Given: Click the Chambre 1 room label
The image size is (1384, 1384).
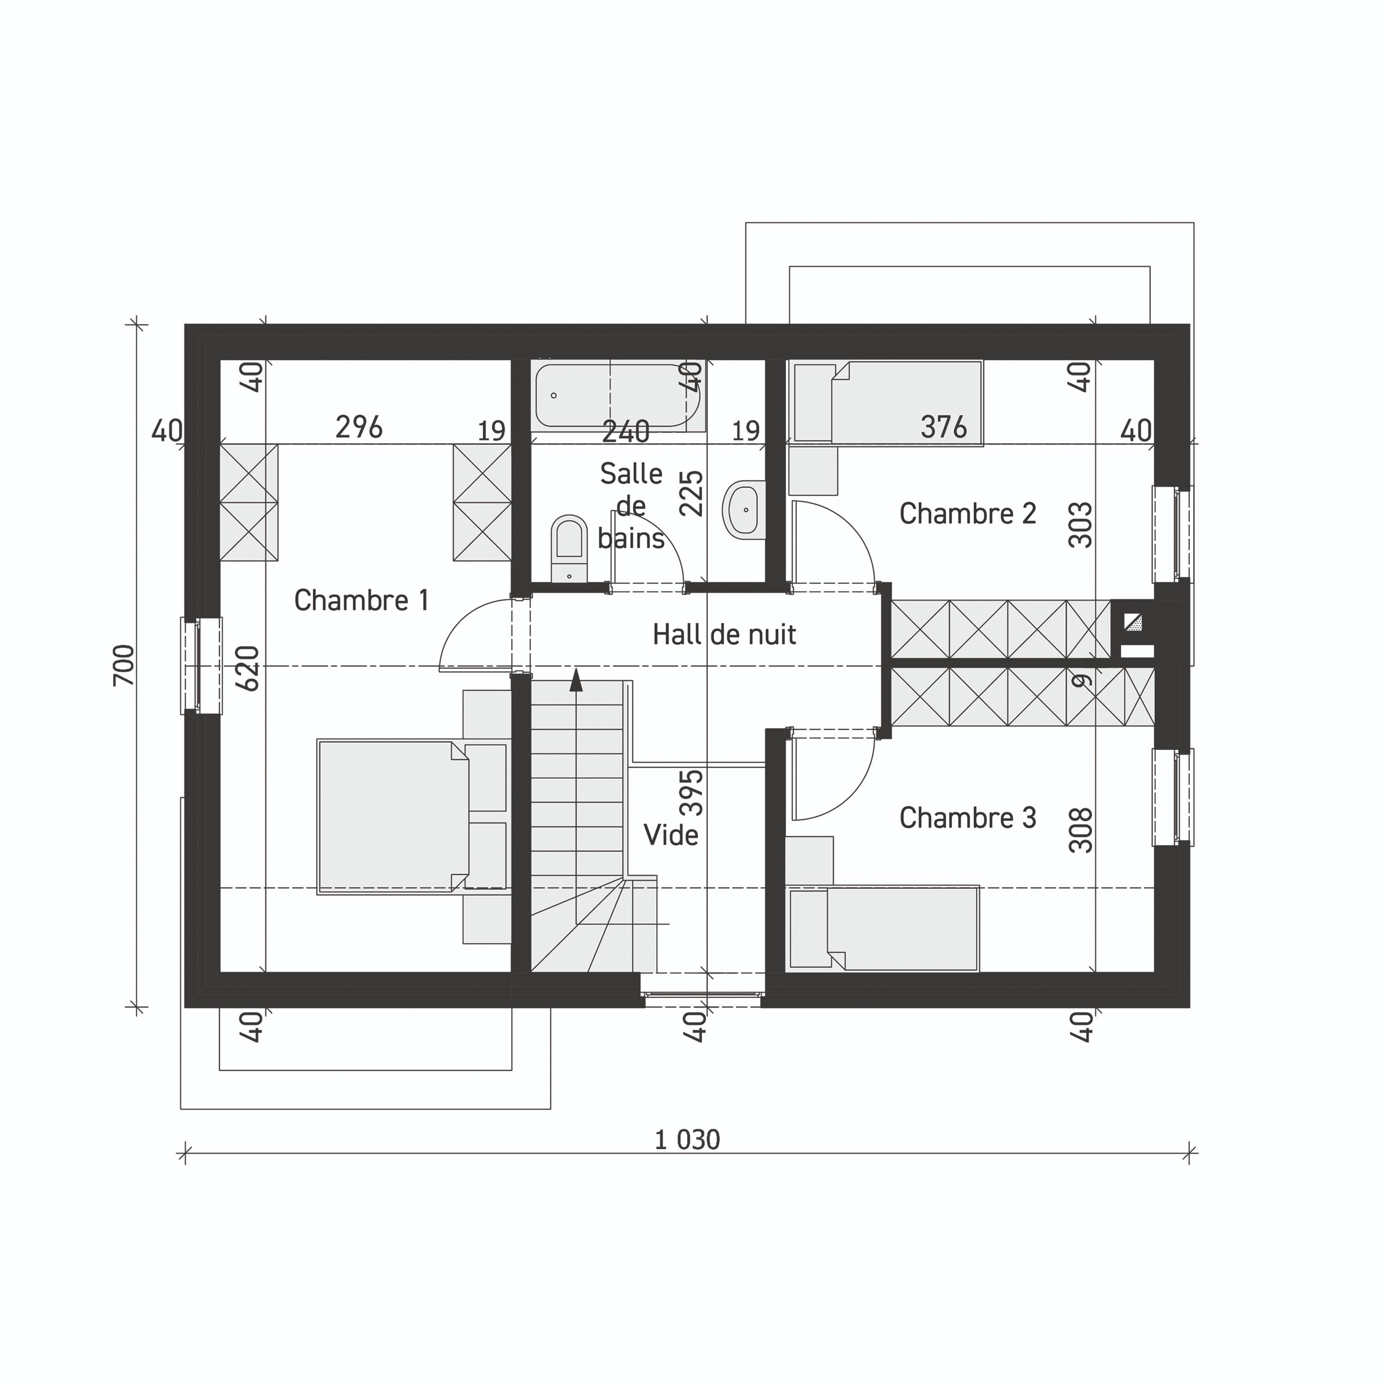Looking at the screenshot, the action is pyautogui.click(x=362, y=600).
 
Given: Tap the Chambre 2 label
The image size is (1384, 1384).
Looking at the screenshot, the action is pyautogui.click(x=968, y=514).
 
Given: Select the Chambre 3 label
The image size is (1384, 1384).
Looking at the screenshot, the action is pyautogui.click(x=968, y=818).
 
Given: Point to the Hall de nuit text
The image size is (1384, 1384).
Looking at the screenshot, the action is pyautogui.click(x=724, y=635).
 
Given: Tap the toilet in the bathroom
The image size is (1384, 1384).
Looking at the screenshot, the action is pyautogui.click(x=569, y=549).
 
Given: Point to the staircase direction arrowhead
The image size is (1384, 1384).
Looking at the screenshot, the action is pyautogui.click(x=576, y=680).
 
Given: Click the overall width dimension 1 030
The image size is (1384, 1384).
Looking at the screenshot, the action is pyautogui.click(x=688, y=1140).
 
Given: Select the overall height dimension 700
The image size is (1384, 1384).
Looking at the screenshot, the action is pyautogui.click(x=123, y=665).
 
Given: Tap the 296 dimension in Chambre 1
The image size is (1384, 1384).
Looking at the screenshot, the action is pyautogui.click(x=359, y=427).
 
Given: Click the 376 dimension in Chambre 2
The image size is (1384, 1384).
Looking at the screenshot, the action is pyautogui.click(x=944, y=427).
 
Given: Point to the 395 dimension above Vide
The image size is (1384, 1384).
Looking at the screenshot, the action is pyautogui.click(x=692, y=793).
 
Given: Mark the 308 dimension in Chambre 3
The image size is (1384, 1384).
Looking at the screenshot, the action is pyautogui.click(x=1081, y=830).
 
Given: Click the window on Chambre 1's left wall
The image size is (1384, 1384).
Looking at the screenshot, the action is pyautogui.click(x=201, y=665).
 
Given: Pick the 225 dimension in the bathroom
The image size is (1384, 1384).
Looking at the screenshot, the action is pyautogui.click(x=692, y=494).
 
